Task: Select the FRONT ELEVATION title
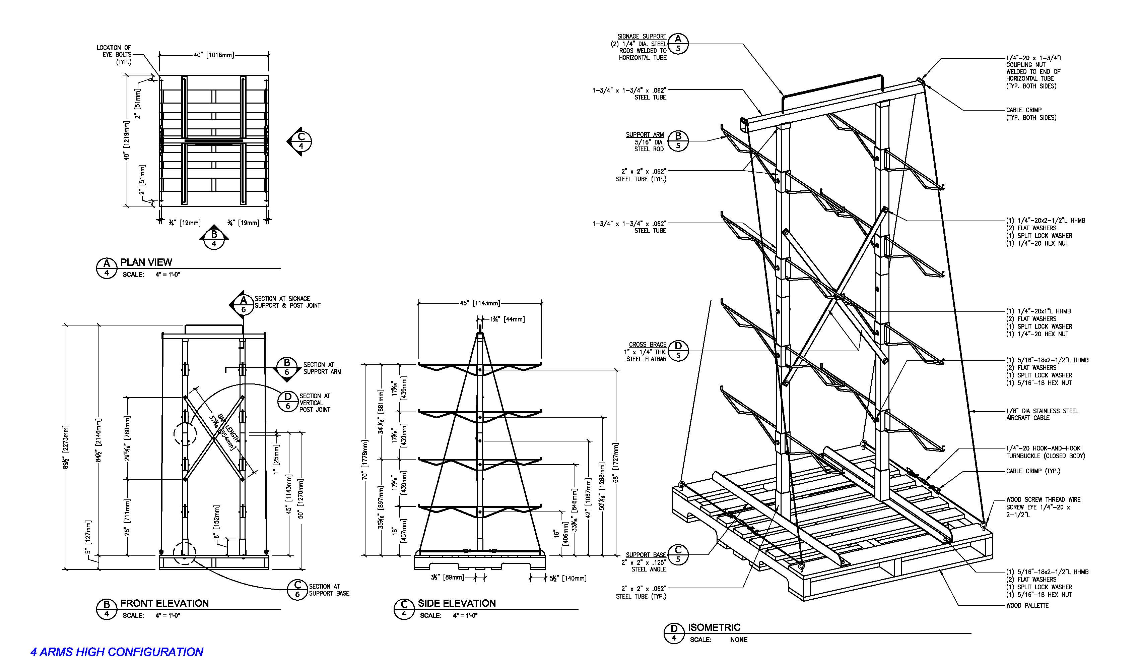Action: coord(164,603)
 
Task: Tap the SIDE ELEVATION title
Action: coord(457,603)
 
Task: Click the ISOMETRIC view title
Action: coord(714,627)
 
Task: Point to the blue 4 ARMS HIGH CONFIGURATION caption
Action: coord(117,652)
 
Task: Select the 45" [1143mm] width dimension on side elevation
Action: coord(480,303)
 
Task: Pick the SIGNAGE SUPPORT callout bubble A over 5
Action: coord(677,44)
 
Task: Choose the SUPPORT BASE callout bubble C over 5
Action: coord(677,555)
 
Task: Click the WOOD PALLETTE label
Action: coord(1027,605)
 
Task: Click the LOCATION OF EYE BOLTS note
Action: coord(114,54)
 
